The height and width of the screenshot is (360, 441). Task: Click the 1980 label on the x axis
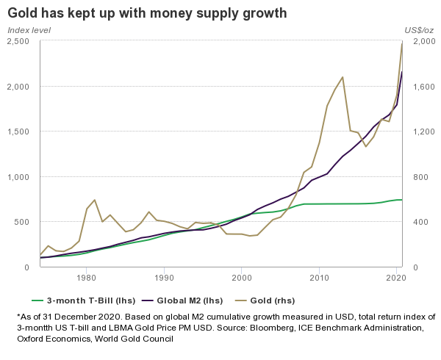pyautogui.click(x=87, y=278)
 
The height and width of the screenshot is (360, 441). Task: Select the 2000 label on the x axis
pyautogui.click(x=242, y=278)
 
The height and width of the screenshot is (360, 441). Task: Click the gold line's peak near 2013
pyautogui.click(x=343, y=77)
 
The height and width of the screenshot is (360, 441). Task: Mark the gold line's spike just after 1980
pyautogui.click(x=94, y=200)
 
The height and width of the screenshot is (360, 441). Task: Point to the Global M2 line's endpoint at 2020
pyautogui.click(x=401, y=71)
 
